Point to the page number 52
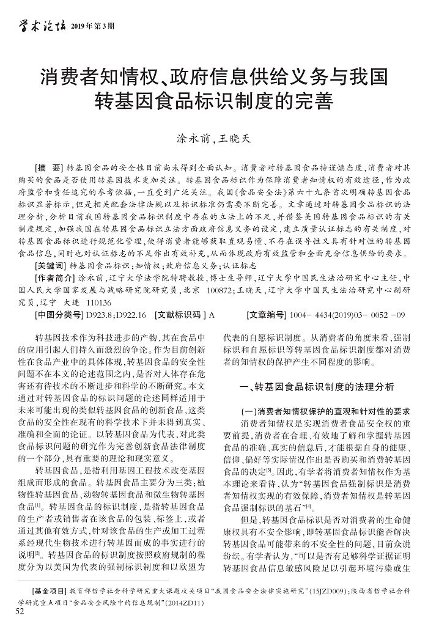[21, 612]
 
